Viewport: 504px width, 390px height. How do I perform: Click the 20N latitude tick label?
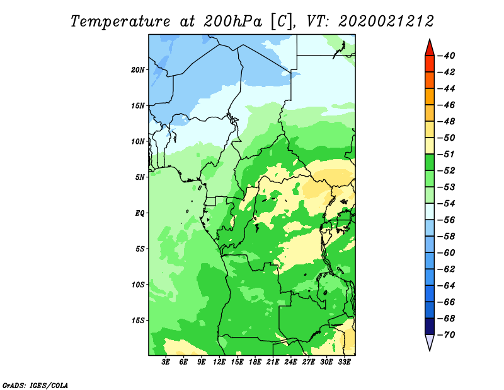click(138, 70)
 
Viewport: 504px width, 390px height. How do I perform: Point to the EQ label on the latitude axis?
click(140, 213)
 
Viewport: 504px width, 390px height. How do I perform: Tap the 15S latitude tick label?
click(138, 321)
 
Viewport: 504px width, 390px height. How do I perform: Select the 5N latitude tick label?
click(140, 177)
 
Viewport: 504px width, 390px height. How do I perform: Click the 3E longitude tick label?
click(166, 362)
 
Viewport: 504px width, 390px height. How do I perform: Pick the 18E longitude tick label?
click(255, 362)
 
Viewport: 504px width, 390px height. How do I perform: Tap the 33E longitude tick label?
click(344, 362)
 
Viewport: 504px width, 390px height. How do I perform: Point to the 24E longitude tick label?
click(290, 362)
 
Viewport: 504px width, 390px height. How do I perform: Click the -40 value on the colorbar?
click(447, 56)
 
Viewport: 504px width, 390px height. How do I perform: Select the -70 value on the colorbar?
click(447, 335)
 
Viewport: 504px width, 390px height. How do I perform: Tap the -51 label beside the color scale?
click(447, 154)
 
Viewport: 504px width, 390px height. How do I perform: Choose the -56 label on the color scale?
click(447, 220)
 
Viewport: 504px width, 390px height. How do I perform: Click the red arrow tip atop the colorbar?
click(430, 40)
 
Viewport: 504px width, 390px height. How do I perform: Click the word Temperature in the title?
click(120, 22)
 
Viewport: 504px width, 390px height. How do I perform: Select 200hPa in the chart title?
click(232, 21)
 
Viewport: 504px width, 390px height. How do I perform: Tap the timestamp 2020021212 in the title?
click(386, 21)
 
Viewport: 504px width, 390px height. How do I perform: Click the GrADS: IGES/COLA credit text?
click(35, 386)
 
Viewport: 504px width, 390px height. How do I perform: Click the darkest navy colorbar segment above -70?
click(430, 326)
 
